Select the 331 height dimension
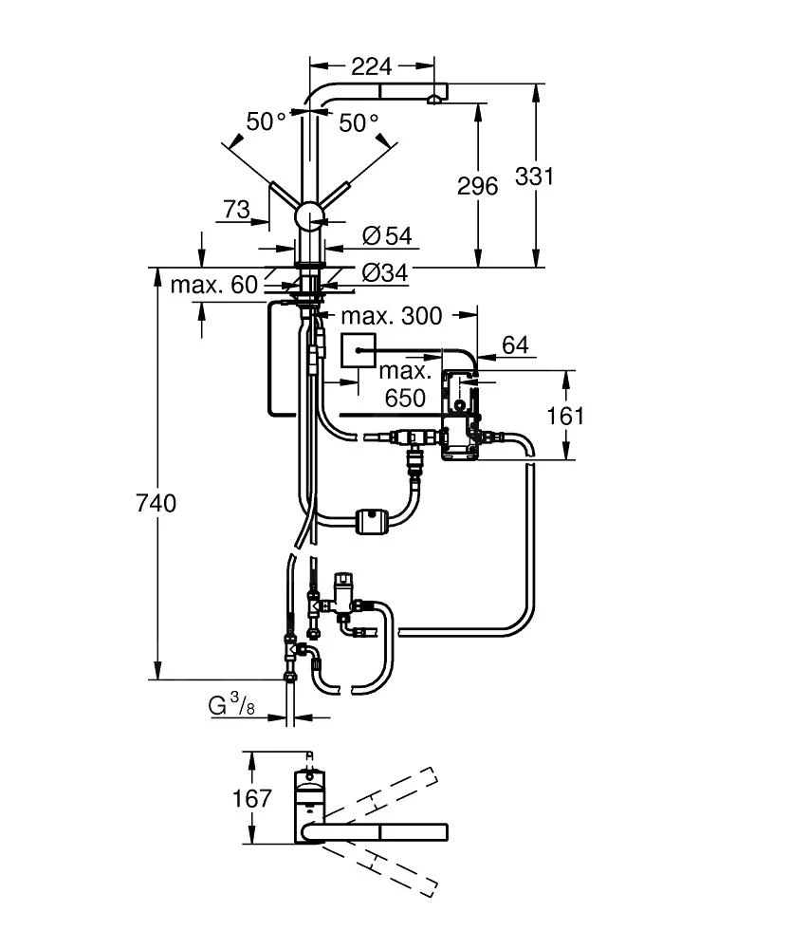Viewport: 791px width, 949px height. (x=534, y=177)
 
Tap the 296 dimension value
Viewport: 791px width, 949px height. (x=477, y=186)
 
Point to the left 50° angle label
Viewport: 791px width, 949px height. (x=267, y=122)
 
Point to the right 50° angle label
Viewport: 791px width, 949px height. (x=359, y=122)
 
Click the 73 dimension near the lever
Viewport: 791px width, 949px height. (x=235, y=209)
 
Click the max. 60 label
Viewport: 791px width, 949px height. (x=213, y=285)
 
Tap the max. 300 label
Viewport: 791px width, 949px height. (x=391, y=315)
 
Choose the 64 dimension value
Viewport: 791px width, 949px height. (x=515, y=345)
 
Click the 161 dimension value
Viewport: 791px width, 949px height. (x=565, y=416)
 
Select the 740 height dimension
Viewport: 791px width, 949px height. (x=156, y=503)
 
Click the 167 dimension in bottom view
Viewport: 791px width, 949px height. (x=251, y=799)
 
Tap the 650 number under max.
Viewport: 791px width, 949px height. (x=405, y=400)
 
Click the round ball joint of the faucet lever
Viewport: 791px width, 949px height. (x=310, y=217)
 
